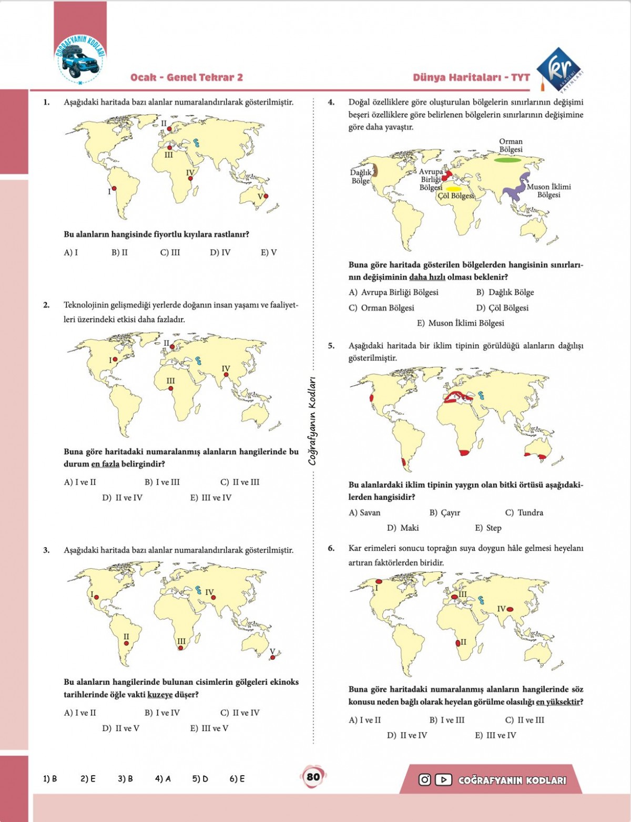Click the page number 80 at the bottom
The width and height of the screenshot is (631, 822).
pyautogui.click(x=313, y=777)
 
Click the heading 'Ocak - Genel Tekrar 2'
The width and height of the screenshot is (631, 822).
pyautogui.click(x=187, y=78)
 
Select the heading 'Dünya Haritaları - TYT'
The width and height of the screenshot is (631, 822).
pyautogui.click(x=471, y=78)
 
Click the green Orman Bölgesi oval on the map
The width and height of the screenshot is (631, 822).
pyautogui.click(x=511, y=160)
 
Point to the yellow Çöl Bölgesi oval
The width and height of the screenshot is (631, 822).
pyautogui.click(x=453, y=189)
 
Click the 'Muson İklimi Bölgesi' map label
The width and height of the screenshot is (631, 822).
pyautogui.click(x=548, y=191)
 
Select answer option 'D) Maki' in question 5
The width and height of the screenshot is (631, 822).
pyautogui.click(x=403, y=528)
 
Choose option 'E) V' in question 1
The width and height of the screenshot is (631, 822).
pyautogui.click(x=269, y=252)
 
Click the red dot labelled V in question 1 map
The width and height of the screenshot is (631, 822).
pyautogui.click(x=266, y=196)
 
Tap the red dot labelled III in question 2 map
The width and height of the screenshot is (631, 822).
pyautogui.click(x=171, y=389)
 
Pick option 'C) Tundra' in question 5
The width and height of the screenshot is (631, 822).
pyautogui.click(x=524, y=512)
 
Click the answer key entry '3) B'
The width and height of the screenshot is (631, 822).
pyautogui.click(x=125, y=778)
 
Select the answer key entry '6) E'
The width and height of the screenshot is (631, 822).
pyautogui.click(x=237, y=778)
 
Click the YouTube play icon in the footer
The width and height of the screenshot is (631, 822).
pyautogui.click(x=443, y=780)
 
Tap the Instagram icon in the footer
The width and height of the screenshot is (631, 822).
pyautogui.click(x=424, y=780)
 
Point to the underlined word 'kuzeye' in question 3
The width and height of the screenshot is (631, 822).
pyautogui.click(x=160, y=695)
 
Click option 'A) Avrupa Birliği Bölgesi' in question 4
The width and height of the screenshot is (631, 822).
pyautogui.click(x=393, y=292)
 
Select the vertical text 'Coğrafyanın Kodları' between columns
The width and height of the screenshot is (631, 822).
pyautogui.click(x=312, y=420)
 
